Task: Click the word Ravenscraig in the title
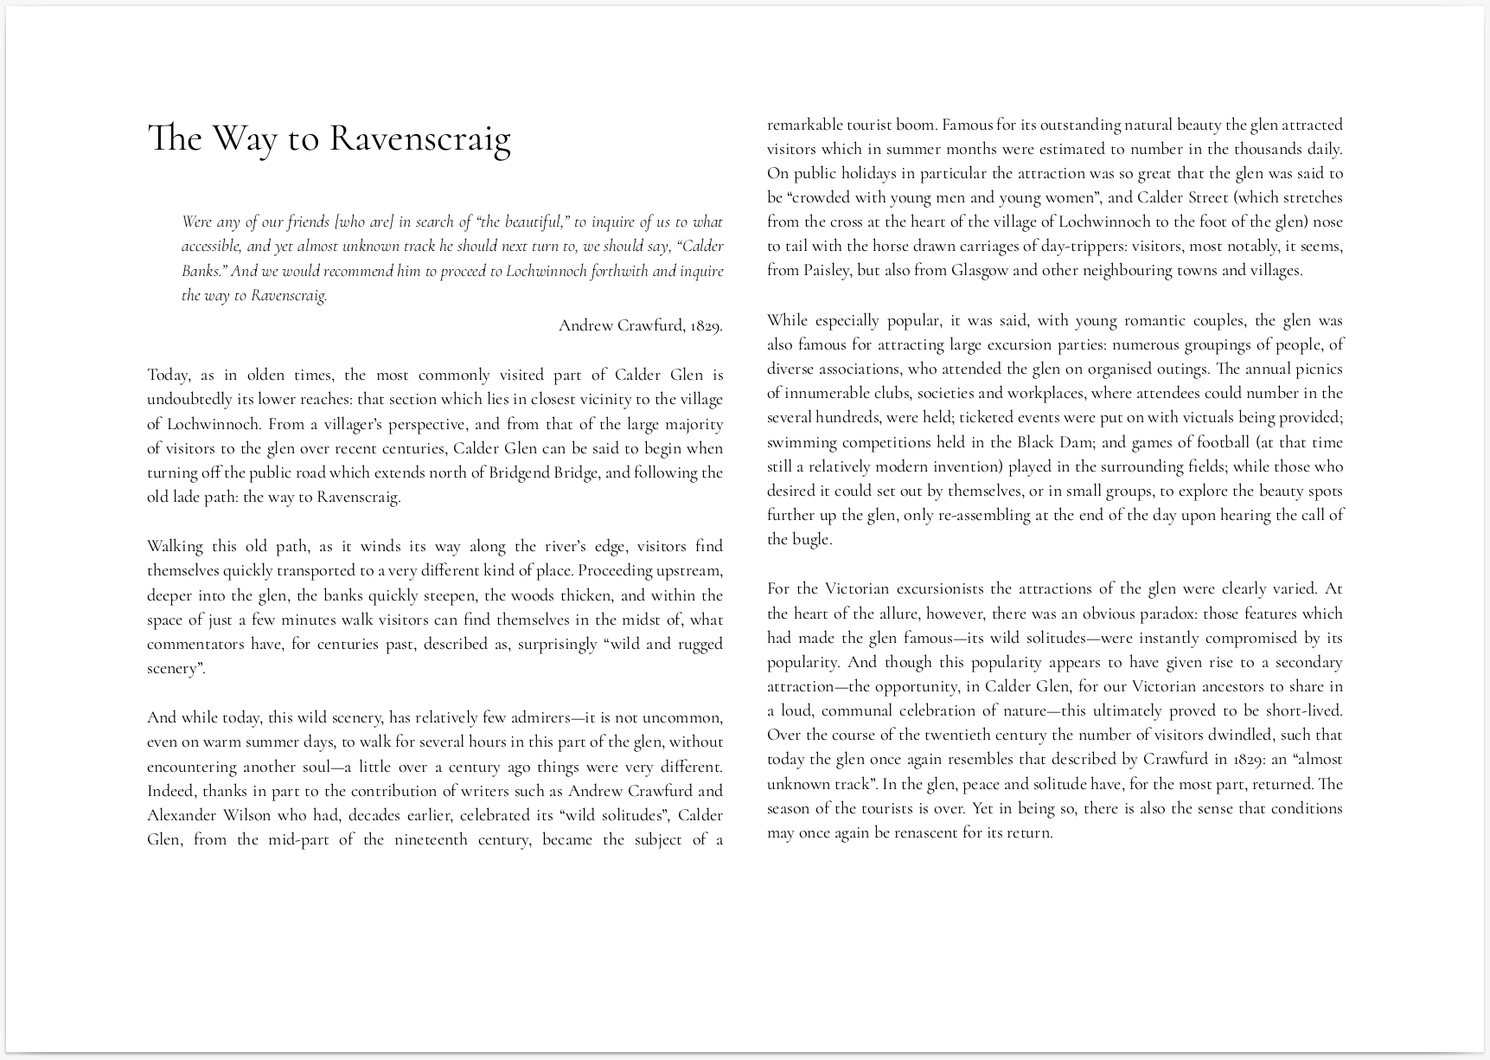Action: (x=420, y=138)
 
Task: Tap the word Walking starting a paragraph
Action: (x=175, y=546)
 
